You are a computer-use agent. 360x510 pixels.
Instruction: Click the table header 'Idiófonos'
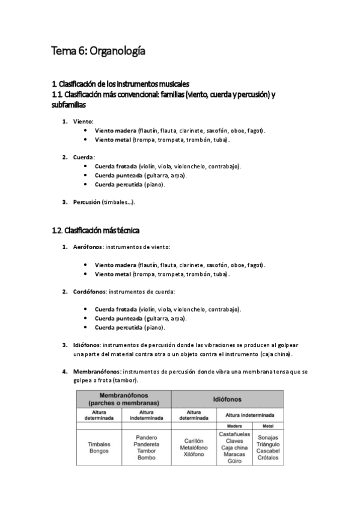tap(227, 399)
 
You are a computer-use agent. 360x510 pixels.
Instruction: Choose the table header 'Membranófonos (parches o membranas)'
tap(123, 398)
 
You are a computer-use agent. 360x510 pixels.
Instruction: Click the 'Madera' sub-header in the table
tap(234, 425)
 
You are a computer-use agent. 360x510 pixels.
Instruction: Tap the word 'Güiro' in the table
tap(234, 461)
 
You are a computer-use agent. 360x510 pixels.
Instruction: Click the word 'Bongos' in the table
tap(99, 450)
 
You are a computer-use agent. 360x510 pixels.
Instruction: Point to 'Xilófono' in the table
tap(194, 455)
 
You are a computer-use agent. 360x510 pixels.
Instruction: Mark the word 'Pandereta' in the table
tap(146, 444)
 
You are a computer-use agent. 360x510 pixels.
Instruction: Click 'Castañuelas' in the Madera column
tap(235, 433)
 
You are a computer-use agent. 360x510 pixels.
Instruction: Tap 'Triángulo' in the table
tap(267, 444)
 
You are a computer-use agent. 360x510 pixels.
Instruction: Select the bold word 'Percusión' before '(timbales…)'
tap(87, 202)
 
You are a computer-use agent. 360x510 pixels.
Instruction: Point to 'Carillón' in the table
tap(194, 440)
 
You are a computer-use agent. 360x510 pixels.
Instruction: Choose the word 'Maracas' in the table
tap(234, 454)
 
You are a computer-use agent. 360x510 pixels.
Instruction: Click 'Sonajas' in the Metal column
tap(267, 437)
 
